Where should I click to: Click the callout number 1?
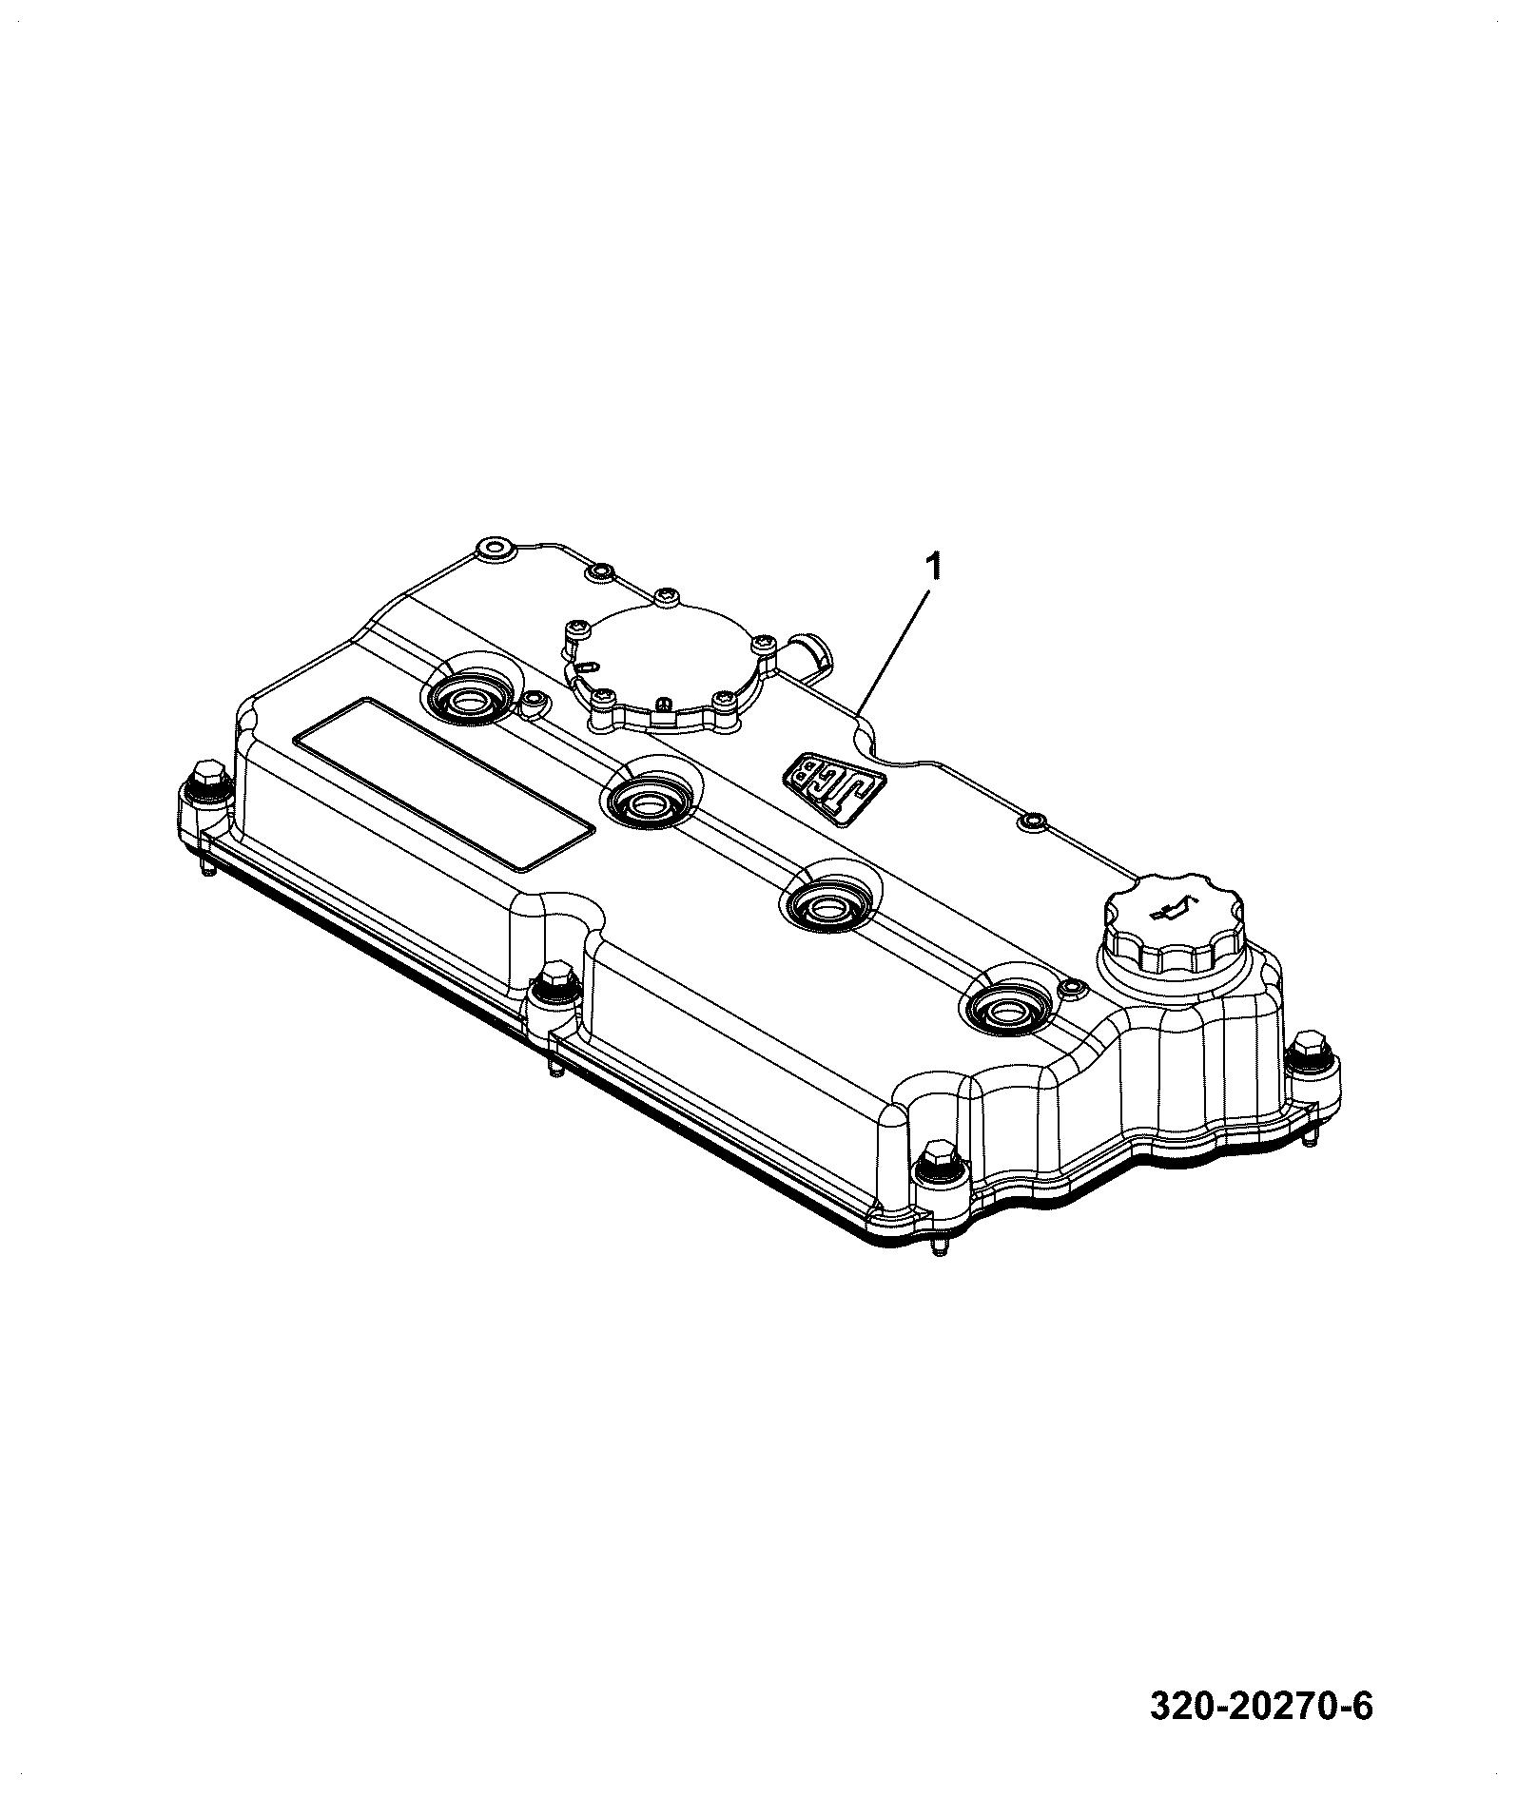tap(935, 569)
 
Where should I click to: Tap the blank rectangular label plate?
tap(444, 784)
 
